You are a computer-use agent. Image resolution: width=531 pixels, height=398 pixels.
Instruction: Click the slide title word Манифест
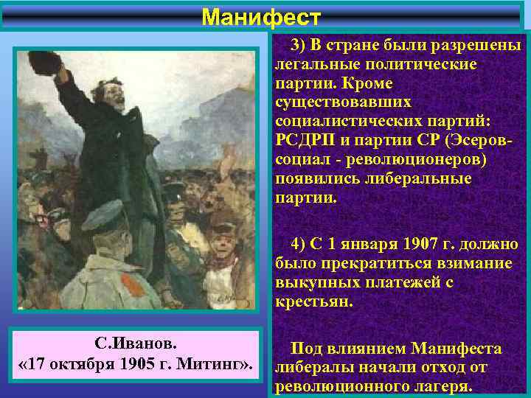(x=261, y=15)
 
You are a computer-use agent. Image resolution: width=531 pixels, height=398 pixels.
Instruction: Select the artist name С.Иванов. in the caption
(x=136, y=345)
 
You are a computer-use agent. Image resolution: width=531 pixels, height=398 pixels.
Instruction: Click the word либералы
(x=308, y=368)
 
